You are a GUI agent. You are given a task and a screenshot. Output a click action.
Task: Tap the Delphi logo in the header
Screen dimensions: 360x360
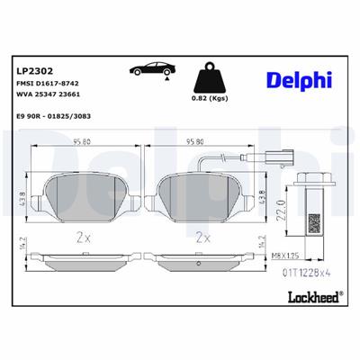tap(295, 81)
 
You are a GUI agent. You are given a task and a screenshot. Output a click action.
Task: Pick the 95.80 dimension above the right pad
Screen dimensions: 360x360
tap(197, 141)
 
